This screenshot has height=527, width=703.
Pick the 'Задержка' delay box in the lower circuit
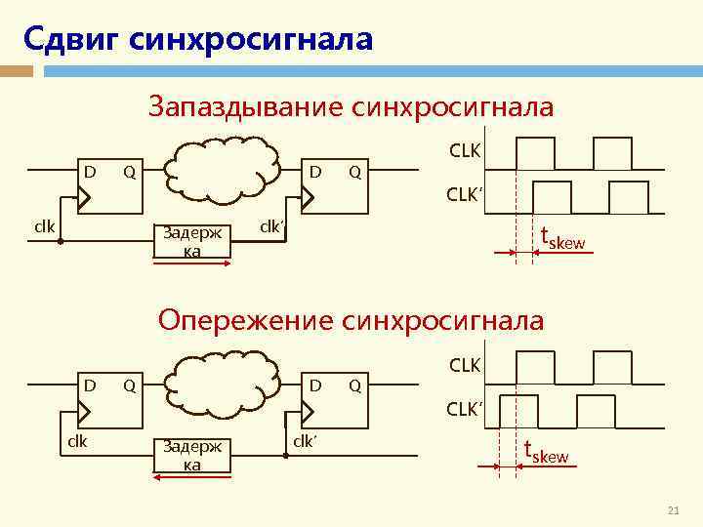(192, 455)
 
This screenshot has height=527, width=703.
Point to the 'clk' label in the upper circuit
(44, 226)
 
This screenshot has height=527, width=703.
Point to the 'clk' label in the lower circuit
(76, 440)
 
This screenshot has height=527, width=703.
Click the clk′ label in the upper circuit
(272, 226)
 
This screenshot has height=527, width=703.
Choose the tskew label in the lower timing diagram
(546, 453)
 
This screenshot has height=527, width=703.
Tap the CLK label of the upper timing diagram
(465, 151)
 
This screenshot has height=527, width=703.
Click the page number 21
(672, 511)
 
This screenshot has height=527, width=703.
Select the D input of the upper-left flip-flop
(89, 172)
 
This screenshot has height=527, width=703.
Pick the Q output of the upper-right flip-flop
(355, 172)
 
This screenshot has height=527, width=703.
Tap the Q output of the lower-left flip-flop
(128, 385)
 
